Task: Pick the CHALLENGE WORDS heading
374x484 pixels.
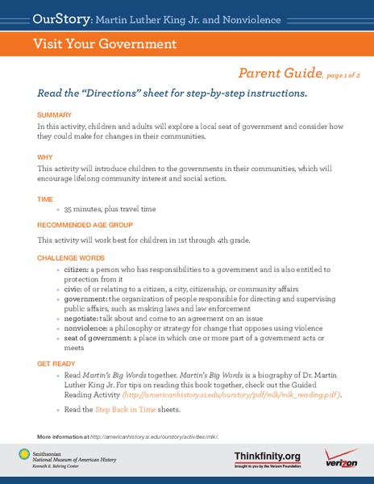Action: tap(71, 257)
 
